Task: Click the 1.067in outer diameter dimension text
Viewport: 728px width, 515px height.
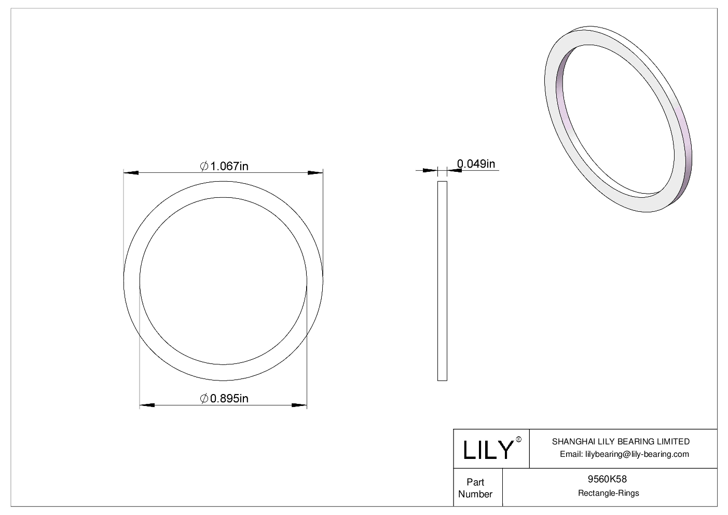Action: (x=229, y=166)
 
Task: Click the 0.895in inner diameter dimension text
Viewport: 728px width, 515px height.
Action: (x=229, y=398)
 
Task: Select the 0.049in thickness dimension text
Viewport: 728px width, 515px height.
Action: (x=476, y=164)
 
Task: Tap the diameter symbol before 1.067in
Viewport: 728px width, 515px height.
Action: (x=204, y=166)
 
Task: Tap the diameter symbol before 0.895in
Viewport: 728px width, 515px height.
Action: (x=204, y=398)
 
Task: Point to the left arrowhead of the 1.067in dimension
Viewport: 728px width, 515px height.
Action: (x=131, y=172)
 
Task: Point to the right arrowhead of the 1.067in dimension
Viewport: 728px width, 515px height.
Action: (x=315, y=172)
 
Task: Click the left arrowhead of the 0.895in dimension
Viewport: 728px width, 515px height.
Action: (x=147, y=405)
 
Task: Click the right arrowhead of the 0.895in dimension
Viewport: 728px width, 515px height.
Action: (x=299, y=405)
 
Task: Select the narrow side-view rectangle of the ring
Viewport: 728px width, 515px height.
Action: (x=442, y=280)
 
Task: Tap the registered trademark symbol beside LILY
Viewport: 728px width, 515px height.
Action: (x=518, y=440)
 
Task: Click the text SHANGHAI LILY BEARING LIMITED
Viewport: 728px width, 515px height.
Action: (x=621, y=442)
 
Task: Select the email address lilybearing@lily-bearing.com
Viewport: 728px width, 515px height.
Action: (x=637, y=454)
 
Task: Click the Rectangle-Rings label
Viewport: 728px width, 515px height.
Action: (x=609, y=493)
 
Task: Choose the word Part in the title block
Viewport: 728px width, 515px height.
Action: (x=475, y=482)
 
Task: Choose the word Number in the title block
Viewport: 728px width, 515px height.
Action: (x=475, y=494)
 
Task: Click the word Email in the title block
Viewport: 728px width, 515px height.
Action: (x=571, y=454)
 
